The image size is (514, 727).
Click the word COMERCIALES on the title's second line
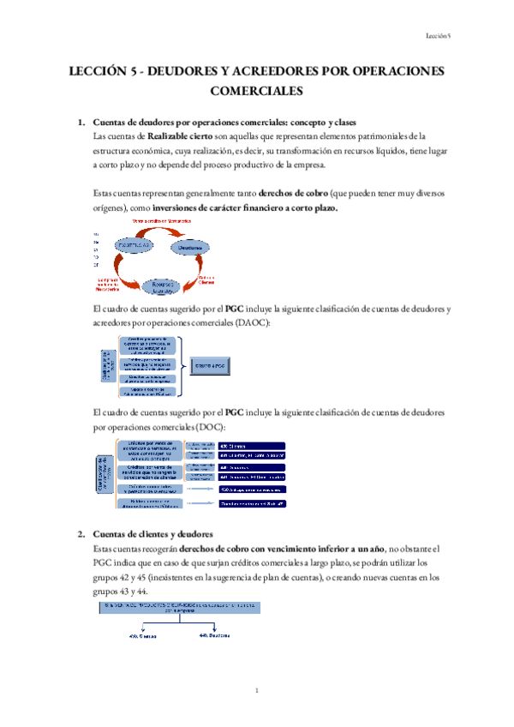point(257,90)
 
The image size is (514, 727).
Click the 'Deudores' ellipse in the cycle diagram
point(190,248)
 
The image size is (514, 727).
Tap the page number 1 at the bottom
point(257,690)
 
